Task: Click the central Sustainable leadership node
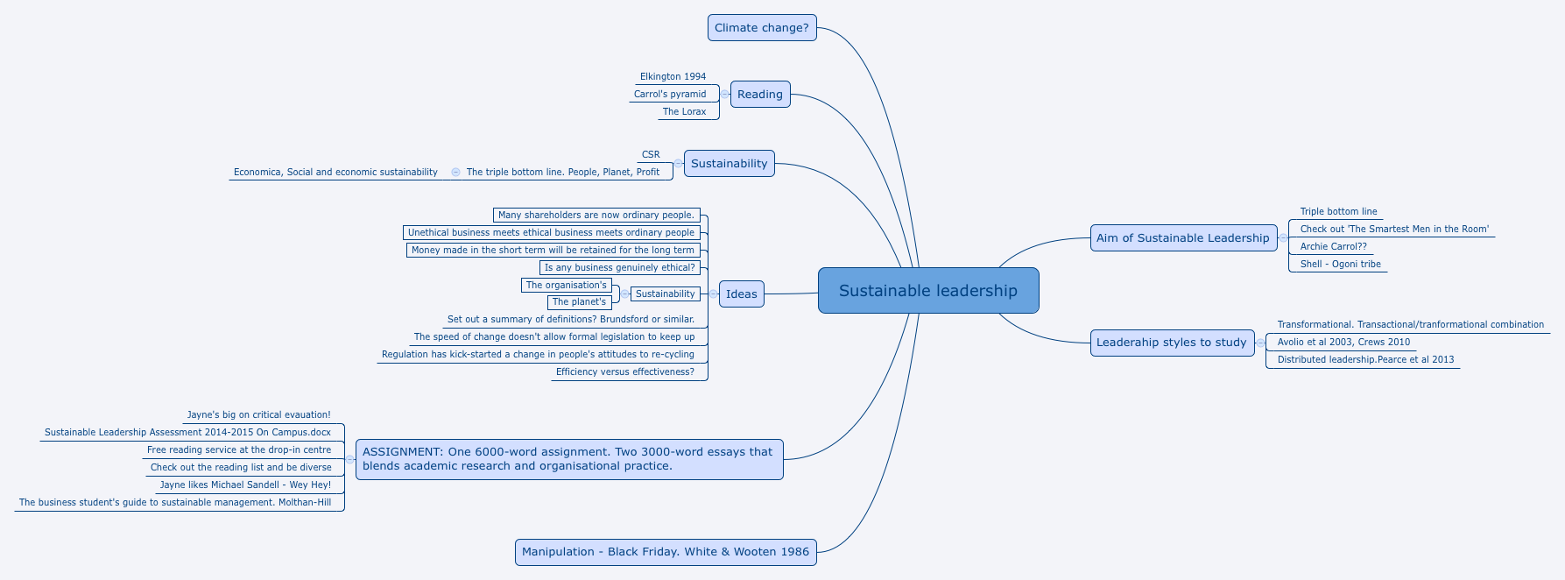click(928, 291)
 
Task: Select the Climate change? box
click(762, 28)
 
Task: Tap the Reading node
click(760, 95)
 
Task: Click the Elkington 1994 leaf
click(673, 77)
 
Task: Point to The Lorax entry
click(684, 112)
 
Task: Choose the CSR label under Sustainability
click(651, 155)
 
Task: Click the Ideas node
click(741, 294)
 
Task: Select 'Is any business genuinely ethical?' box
click(619, 268)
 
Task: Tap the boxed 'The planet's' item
click(579, 302)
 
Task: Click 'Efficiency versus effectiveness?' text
click(624, 372)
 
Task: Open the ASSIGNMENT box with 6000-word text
click(569, 459)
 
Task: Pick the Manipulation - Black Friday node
click(666, 552)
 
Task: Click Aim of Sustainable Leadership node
click(1182, 238)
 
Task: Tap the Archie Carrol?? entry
click(1333, 247)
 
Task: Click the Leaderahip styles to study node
click(1172, 343)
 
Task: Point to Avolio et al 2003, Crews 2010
click(1343, 343)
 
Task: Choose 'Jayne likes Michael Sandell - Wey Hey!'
click(245, 485)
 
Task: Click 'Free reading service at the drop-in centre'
click(239, 450)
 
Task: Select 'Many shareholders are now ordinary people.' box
click(596, 216)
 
